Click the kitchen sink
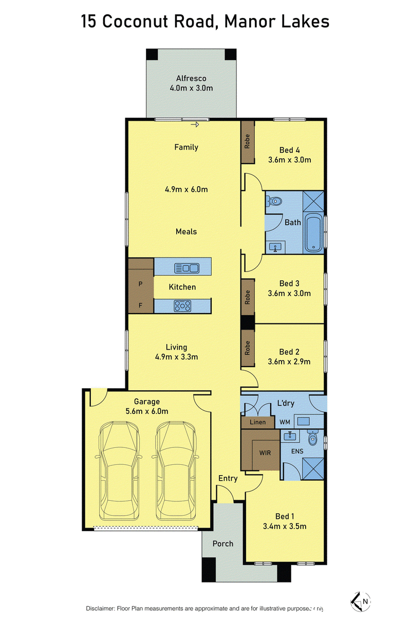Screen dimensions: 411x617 186,268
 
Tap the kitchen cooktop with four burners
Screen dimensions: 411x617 182,306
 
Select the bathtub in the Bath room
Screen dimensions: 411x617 314,232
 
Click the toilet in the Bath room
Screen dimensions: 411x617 274,201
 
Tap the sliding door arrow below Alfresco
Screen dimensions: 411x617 195,125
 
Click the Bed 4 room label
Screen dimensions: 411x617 289,150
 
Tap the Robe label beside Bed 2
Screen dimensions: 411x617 247,348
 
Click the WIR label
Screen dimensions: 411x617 265,452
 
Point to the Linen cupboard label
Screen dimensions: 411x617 258,422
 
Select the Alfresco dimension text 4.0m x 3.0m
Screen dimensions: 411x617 191,88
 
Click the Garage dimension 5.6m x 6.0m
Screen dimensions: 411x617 147,411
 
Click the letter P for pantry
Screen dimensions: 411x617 140,284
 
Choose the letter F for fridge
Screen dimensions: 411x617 140,305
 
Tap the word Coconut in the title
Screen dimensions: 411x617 135,21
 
